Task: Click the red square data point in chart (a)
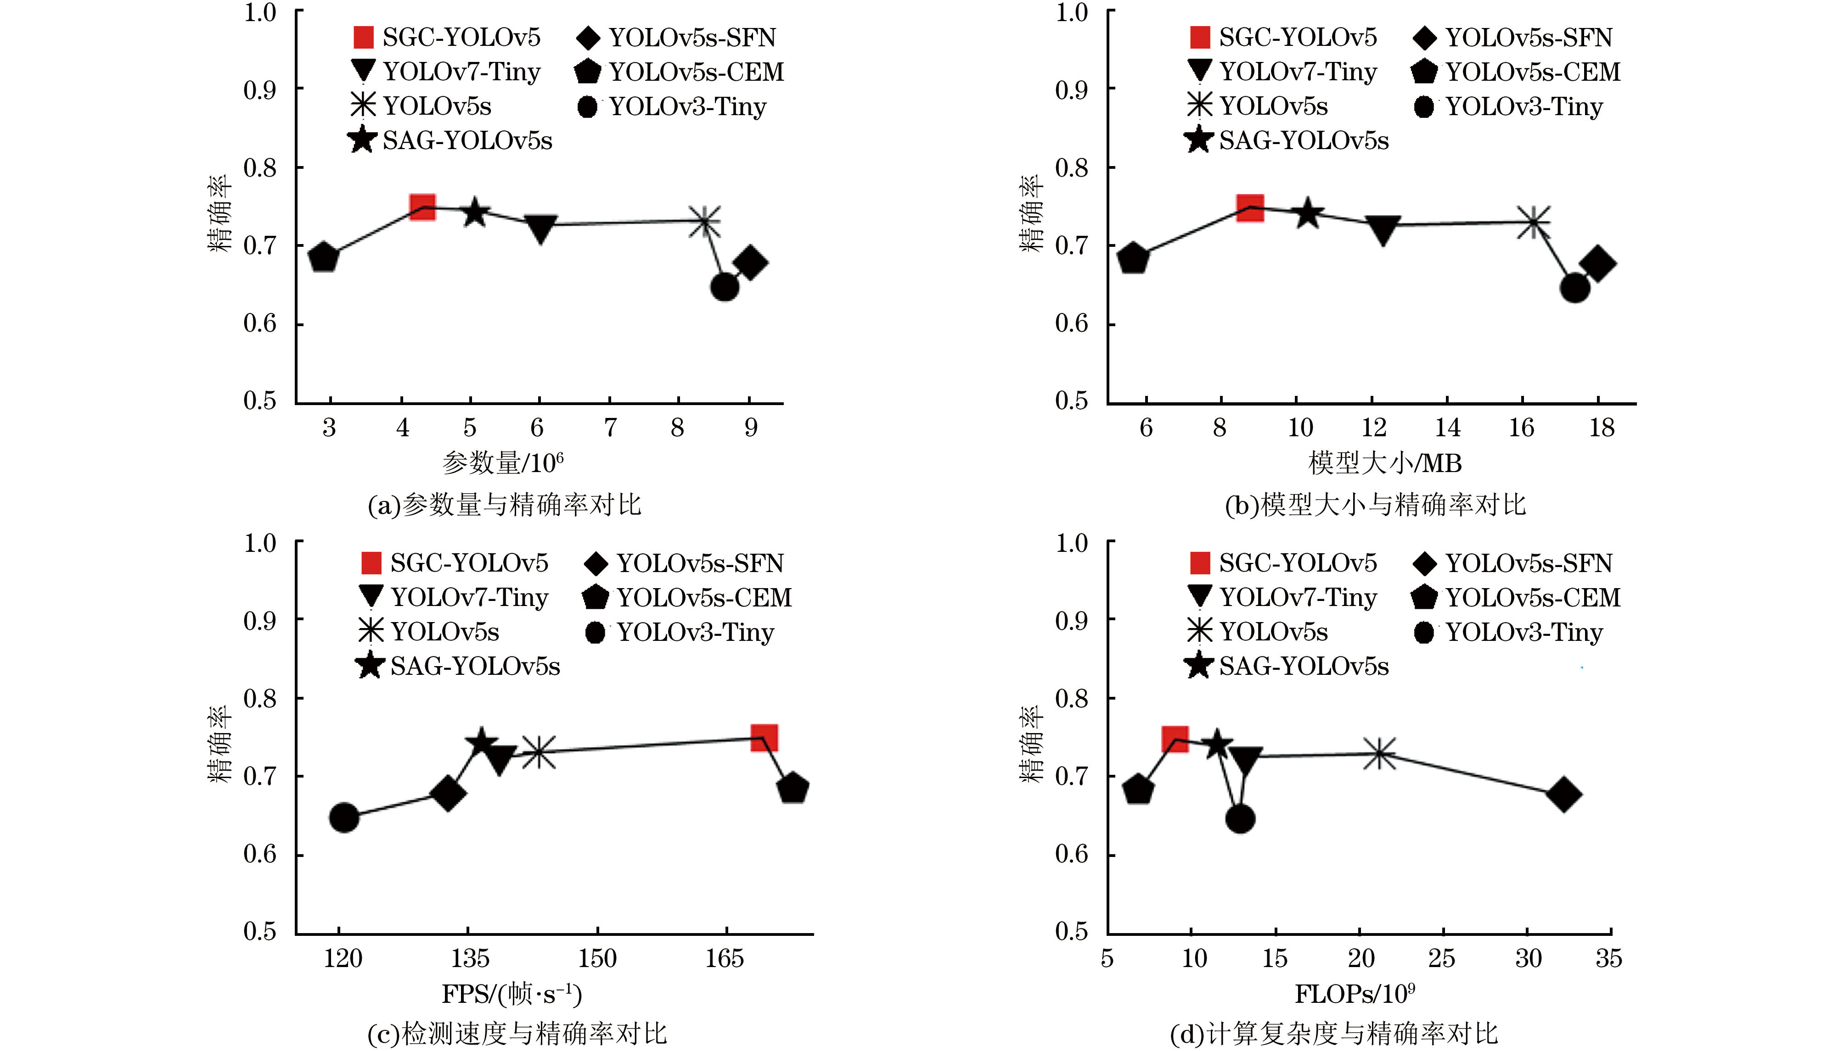tap(422, 207)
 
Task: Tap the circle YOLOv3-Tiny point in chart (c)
tap(344, 817)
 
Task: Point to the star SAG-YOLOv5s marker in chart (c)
tap(481, 744)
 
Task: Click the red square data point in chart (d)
tap(1175, 739)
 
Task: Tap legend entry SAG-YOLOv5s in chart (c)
tap(458, 666)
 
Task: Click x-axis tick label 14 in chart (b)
tap(1447, 428)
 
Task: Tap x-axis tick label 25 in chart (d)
tap(1442, 959)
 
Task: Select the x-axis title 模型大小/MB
tap(1385, 463)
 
